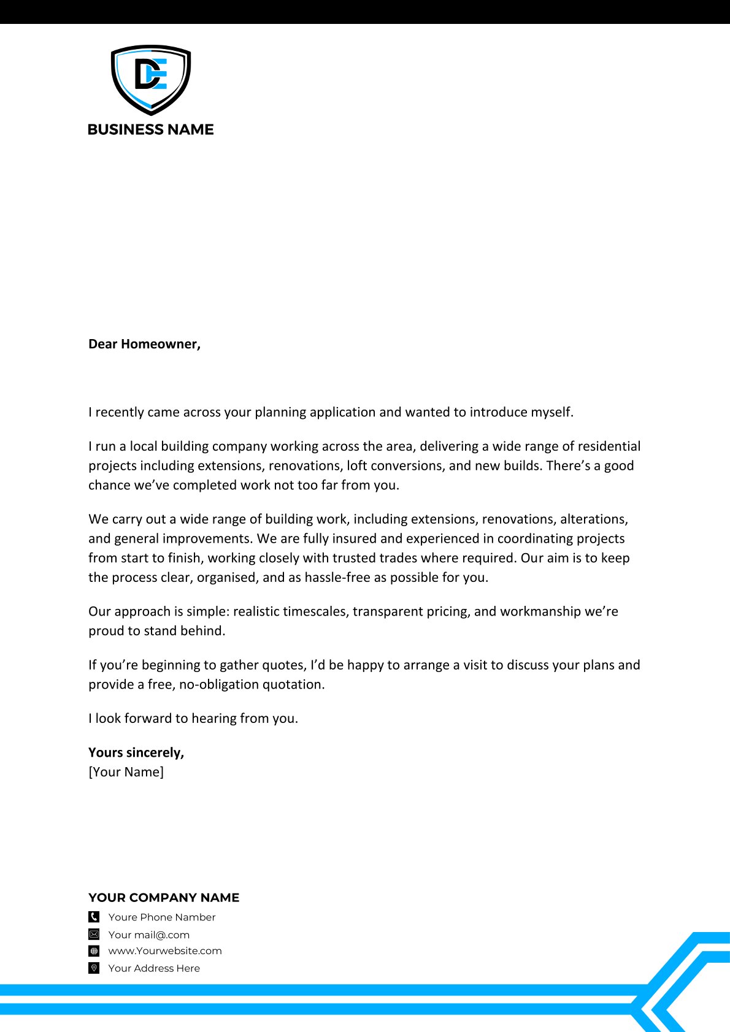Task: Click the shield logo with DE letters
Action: (x=151, y=79)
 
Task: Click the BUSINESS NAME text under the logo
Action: (x=151, y=129)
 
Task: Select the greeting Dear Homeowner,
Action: (x=144, y=344)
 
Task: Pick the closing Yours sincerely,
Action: (x=136, y=752)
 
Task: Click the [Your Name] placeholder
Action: (x=126, y=772)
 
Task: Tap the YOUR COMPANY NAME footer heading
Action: (x=164, y=898)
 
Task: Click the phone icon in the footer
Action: (x=94, y=917)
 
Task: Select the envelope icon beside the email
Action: (x=94, y=935)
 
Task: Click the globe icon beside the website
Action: (x=94, y=951)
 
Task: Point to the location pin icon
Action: (x=94, y=968)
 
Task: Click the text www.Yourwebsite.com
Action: (x=165, y=951)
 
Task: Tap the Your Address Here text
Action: (x=154, y=968)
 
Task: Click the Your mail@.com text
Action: (x=149, y=935)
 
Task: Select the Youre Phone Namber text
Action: (x=162, y=917)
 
